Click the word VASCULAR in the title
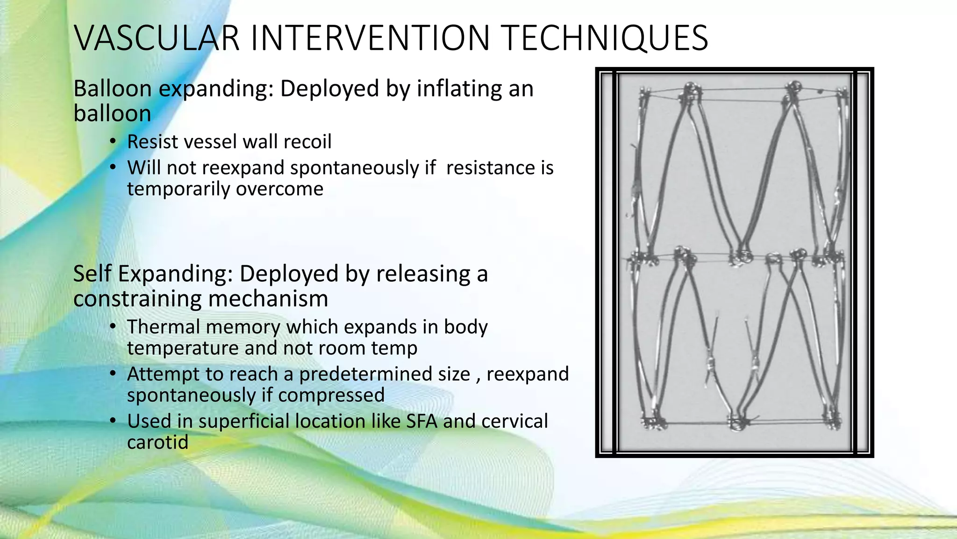point(157,38)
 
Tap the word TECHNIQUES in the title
point(606,38)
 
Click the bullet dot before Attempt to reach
point(113,374)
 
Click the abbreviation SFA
point(421,421)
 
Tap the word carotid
point(157,442)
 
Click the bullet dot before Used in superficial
point(113,421)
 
